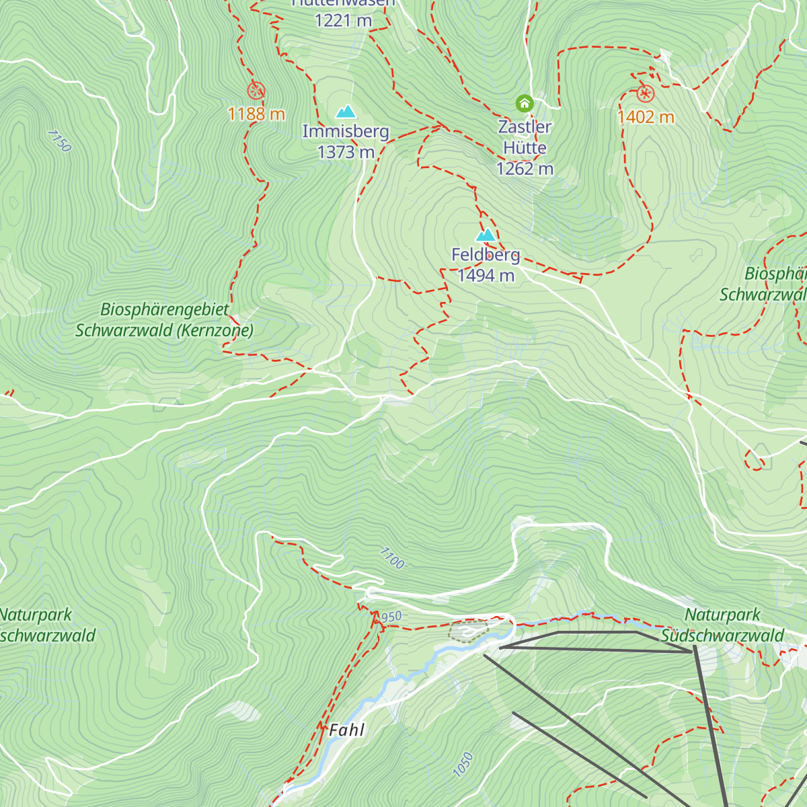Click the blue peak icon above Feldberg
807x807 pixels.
[x=486, y=235]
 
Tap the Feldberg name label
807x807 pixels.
[x=486, y=255]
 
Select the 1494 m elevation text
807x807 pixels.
[x=486, y=275]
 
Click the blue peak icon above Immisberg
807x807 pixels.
[x=346, y=111]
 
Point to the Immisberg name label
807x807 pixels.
[x=346, y=131]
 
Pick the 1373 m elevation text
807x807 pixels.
[x=346, y=152]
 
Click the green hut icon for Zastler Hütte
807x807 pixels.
[x=525, y=104]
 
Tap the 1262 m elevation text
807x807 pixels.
[x=525, y=169]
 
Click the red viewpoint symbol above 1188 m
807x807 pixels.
[x=256, y=91]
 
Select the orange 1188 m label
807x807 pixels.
[x=256, y=114]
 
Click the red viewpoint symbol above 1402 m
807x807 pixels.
[x=646, y=93]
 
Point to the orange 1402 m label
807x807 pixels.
[x=646, y=117]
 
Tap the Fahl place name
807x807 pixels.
[x=347, y=730]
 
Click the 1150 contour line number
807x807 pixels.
[x=59, y=141]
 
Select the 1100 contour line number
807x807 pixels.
[x=392, y=558]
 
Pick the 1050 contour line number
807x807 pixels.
[x=463, y=765]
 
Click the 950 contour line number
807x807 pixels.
[x=391, y=617]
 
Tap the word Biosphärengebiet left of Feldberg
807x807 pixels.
[x=165, y=309]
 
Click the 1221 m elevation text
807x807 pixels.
[x=343, y=21]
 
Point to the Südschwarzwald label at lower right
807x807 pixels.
[x=722, y=636]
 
